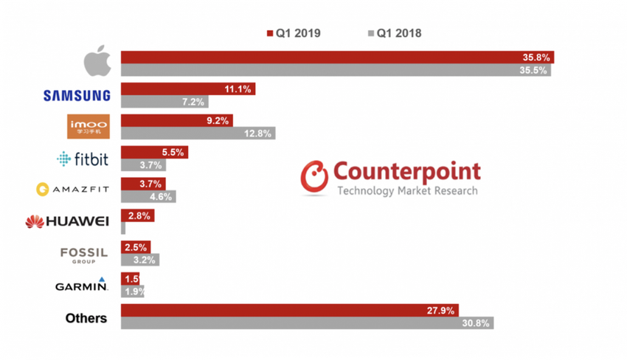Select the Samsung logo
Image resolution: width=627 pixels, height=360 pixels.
(x=77, y=95)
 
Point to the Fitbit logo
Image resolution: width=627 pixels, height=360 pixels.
(x=83, y=159)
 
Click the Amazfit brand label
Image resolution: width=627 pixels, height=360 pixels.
(x=73, y=190)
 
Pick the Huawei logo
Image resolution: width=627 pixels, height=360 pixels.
(x=67, y=221)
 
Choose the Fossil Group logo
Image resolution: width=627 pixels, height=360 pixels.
(x=83, y=254)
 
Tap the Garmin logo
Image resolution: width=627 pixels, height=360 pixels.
(x=81, y=285)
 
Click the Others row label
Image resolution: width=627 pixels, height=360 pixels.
(x=86, y=318)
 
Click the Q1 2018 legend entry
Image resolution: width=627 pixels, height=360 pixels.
(x=394, y=33)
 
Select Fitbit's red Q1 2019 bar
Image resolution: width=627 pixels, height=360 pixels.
(x=154, y=152)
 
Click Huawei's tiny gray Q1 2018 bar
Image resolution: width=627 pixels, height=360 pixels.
(x=123, y=228)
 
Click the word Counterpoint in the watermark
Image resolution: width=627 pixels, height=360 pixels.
(x=406, y=172)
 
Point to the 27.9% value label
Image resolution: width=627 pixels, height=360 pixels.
(x=442, y=311)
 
